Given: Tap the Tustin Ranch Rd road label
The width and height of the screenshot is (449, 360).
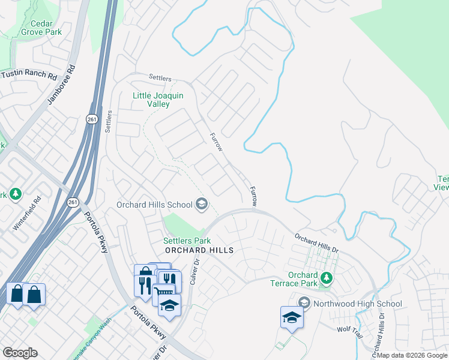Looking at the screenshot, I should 28,76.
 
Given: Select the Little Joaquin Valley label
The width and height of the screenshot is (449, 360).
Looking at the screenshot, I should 158,99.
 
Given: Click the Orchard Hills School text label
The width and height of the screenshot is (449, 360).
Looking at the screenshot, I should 154,205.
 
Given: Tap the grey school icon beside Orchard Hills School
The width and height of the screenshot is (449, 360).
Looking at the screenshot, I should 201,205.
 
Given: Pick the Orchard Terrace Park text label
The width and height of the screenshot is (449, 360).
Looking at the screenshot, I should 303,279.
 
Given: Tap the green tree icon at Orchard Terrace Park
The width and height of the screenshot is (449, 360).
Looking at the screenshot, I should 326,278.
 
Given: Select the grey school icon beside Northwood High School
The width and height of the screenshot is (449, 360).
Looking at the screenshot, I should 304,302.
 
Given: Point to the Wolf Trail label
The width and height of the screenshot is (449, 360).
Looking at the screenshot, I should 351,329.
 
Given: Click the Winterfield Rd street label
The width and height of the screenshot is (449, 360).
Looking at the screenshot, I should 26,214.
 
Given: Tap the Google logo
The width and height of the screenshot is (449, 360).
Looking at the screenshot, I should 20,353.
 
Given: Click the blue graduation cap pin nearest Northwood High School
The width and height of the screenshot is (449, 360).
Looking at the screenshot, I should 292,317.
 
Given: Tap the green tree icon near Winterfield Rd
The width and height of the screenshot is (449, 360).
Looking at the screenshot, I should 16,194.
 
